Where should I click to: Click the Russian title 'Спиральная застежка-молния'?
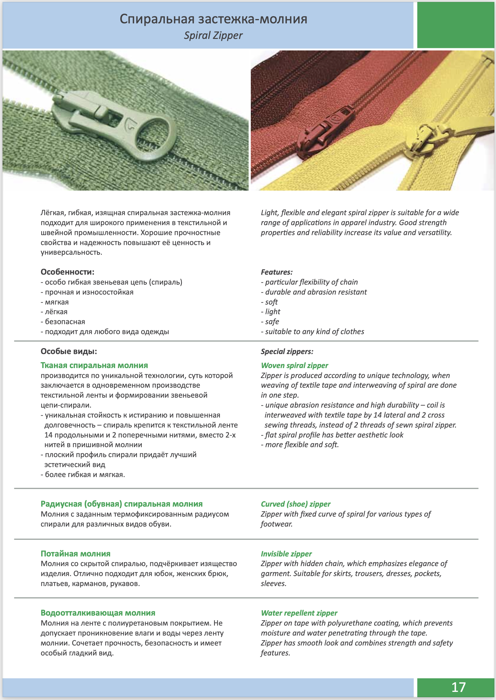coord(213,19)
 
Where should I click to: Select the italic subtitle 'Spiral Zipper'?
coord(213,35)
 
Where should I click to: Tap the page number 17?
coord(458,687)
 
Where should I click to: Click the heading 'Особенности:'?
coord(67,272)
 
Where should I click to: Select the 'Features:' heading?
coord(277,272)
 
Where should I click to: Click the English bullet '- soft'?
coord(269,302)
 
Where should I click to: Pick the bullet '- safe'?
coord(270,322)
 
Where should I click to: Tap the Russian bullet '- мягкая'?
coord(55,302)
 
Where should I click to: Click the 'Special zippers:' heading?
coord(287,352)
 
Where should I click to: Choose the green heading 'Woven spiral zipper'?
coord(294,365)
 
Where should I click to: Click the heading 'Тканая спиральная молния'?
coord(94,365)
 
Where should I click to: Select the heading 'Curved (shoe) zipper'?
coord(296,504)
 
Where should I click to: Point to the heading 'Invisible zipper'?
coord(286,554)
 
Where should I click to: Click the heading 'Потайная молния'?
coord(75,554)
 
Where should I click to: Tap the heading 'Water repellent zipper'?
coord(299,613)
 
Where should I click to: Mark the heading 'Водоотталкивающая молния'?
coord(98,613)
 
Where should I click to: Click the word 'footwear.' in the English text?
coord(277,524)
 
